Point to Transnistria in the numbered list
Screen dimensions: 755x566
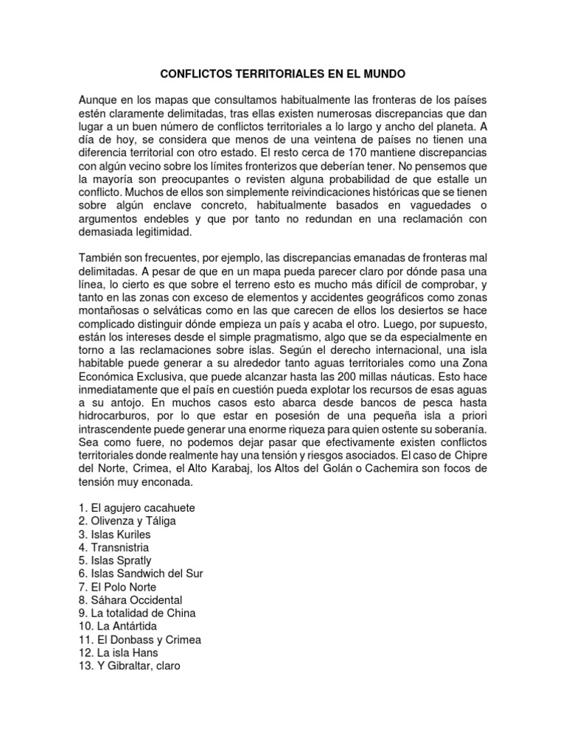tap(120, 548)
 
